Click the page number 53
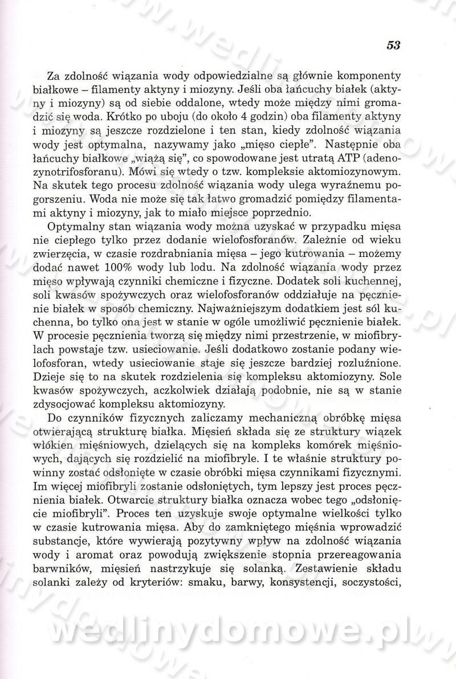tap(393, 46)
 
